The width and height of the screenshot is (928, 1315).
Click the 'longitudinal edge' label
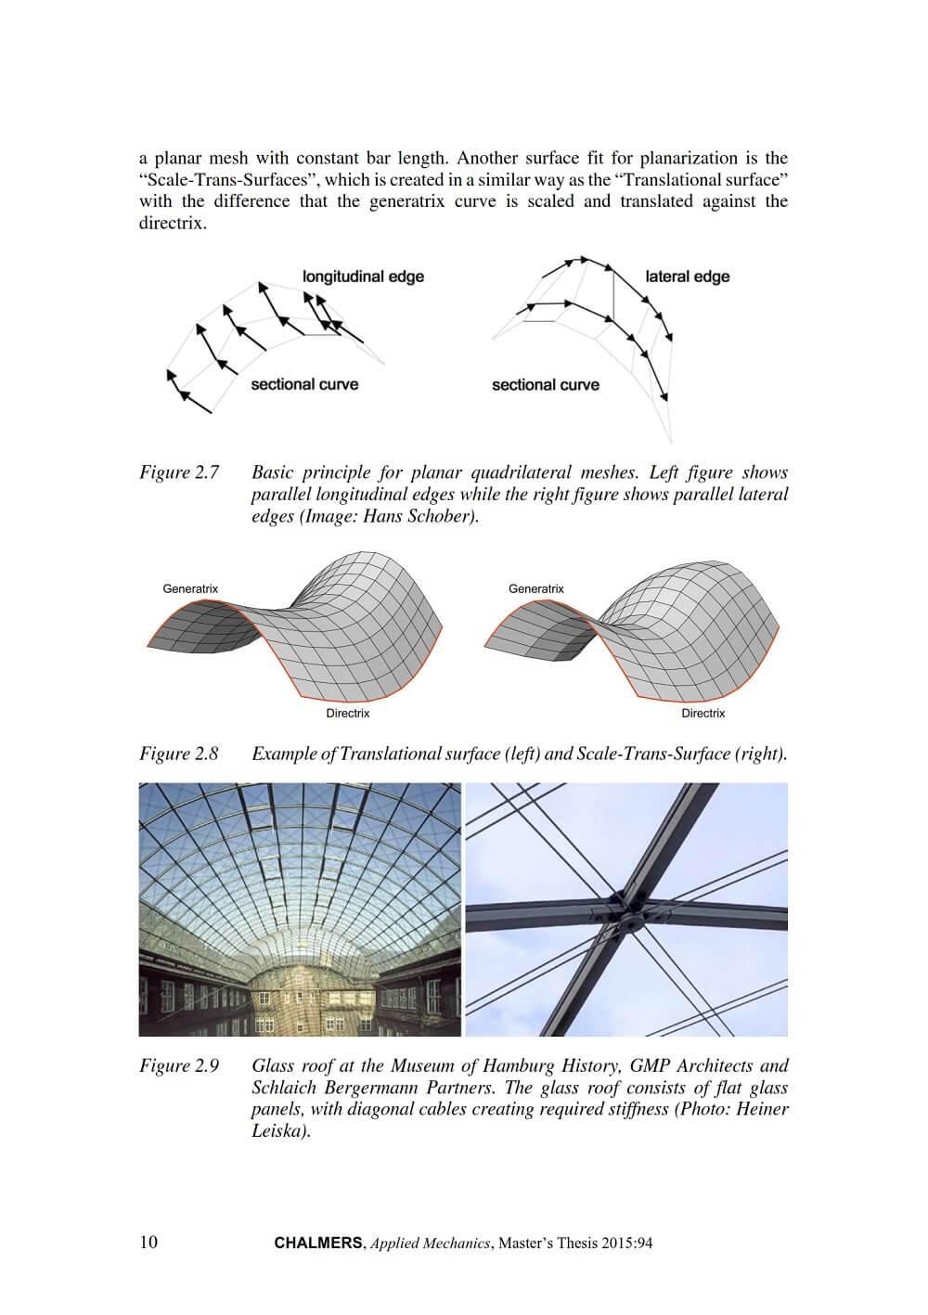[x=363, y=276]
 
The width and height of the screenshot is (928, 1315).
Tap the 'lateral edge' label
[x=687, y=277]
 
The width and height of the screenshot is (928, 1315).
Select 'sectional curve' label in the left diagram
[x=304, y=384]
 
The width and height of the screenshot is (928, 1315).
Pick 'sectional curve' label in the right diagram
[x=546, y=384]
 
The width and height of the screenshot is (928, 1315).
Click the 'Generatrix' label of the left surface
[x=190, y=588]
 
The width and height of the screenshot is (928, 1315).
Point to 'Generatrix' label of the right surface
[x=536, y=588]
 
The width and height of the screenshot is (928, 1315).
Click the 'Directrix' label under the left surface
[x=348, y=713]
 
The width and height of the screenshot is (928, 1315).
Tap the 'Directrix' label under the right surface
[x=703, y=713]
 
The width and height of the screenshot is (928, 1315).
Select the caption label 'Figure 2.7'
[x=179, y=472]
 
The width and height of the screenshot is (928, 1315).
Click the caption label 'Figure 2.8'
[x=179, y=754]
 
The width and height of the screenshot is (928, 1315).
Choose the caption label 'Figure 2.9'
[x=179, y=1066]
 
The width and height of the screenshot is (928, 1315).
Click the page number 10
[x=148, y=1243]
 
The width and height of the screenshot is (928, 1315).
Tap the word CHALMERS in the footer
[x=318, y=1244]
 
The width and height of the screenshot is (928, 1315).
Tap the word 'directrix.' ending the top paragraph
[x=173, y=224]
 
